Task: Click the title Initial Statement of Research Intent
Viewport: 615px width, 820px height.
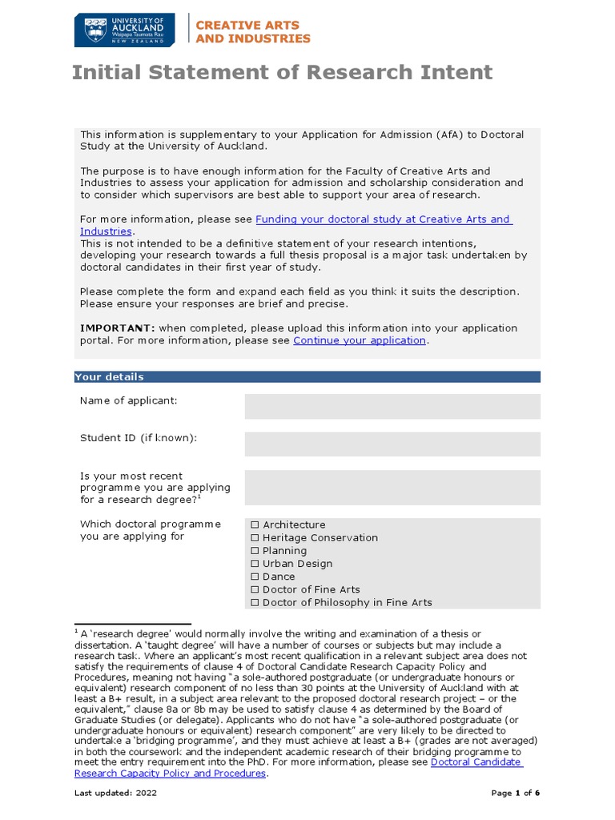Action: tap(282, 73)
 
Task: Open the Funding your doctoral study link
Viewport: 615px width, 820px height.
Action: tap(383, 219)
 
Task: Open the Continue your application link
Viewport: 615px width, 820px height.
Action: tap(360, 340)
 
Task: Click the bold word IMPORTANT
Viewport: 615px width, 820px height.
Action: tap(117, 328)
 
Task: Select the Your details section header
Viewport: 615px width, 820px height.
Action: tap(110, 377)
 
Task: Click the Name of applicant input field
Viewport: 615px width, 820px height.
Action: tap(392, 407)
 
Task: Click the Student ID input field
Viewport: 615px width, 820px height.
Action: tap(392, 444)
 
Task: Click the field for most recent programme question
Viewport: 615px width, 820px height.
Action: tap(392, 488)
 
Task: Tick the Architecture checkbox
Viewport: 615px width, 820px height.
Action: tap(255, 525)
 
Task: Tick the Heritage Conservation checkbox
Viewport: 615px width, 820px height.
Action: tap(255, 538)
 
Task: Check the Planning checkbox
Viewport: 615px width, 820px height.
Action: tap(255, 551)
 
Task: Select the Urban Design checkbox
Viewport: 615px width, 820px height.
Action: tap(255, 564)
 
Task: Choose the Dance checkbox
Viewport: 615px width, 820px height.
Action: tap(255, 577)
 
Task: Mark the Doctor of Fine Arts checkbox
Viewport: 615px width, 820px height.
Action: tap(255, 589)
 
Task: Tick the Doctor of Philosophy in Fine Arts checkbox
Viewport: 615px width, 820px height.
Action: tap(255, 603)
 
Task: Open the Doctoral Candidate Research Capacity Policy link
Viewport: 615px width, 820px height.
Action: tap(476, 762)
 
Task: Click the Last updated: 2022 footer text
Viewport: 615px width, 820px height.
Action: tap(116, 794)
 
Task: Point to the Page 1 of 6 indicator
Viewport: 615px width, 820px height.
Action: tap(516, 794)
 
